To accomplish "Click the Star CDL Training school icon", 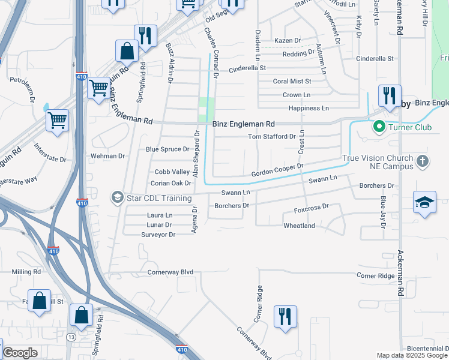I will tap(116, 197).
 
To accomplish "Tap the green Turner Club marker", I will tap(379, 127).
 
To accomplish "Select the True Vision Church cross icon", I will tap(423, 161).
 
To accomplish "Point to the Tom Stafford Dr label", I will tap(272, 137).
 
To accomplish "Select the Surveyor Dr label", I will tap(158, 235).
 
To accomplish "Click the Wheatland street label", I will tap(300, 226).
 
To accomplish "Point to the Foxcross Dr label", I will tap(312, 208).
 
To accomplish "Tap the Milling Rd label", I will tap(26, 272).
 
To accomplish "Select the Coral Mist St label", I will tap(292, 81).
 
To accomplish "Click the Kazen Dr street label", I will tap(287, 40).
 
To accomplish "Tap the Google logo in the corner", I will tap(20, 353).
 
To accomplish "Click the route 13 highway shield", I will tap(71, 338).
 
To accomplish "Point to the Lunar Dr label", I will tap(160, 225).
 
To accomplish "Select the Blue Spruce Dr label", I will tap(167, 149).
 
